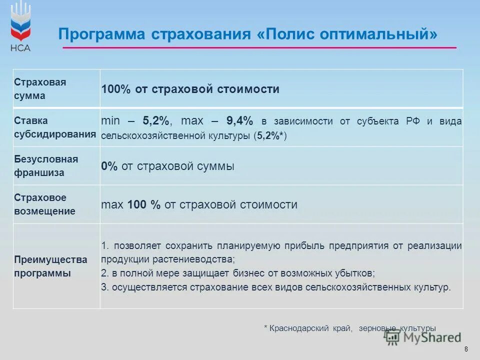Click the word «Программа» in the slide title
pos(99,34)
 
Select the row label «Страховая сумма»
pos(40,88)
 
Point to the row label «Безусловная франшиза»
pos(46,166)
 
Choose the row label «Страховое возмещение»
pos(44,204)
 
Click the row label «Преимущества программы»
pos(50,266)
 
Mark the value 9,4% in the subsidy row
pos(239,121)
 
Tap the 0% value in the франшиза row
pos(109,166)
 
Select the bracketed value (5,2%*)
pos(270,135)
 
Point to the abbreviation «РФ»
pos(414,121)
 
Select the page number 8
pos(466,349)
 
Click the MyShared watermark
pos(422,337)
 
